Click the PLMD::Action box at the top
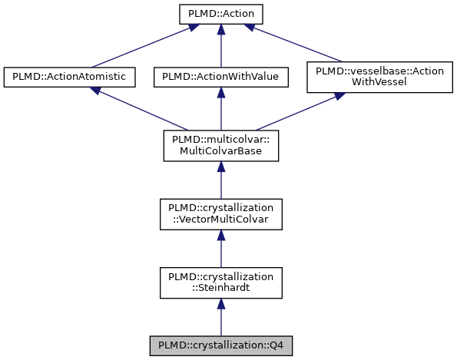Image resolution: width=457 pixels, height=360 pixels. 220,14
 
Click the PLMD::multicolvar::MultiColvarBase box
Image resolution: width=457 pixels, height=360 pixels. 220,145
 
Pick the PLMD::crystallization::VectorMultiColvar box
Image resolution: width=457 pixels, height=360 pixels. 220,214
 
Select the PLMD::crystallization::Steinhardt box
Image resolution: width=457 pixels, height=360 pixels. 220,282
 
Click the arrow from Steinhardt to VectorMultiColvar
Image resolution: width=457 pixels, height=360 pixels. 220,249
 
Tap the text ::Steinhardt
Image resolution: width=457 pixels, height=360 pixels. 220,289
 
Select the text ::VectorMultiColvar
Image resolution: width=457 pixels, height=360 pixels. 220,220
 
